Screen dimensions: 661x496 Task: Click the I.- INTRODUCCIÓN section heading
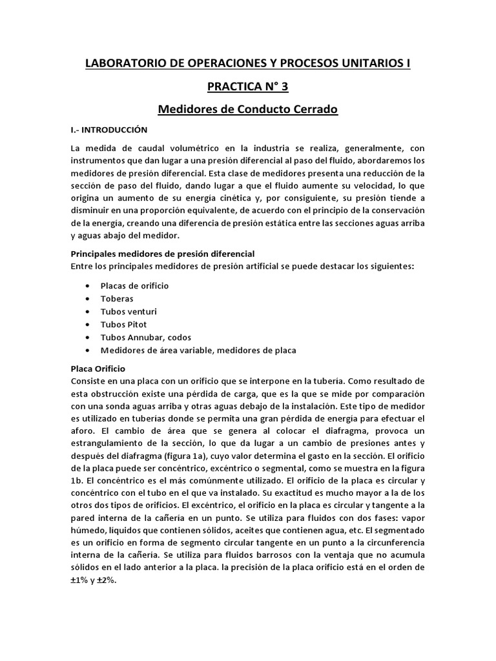point(109,130)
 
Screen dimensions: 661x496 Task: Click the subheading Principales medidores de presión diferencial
point(163,253)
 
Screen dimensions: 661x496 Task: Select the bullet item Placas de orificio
point(134,285)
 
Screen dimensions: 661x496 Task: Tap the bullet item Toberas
point(117,298)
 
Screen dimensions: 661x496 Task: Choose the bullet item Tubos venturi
point(129,311)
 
